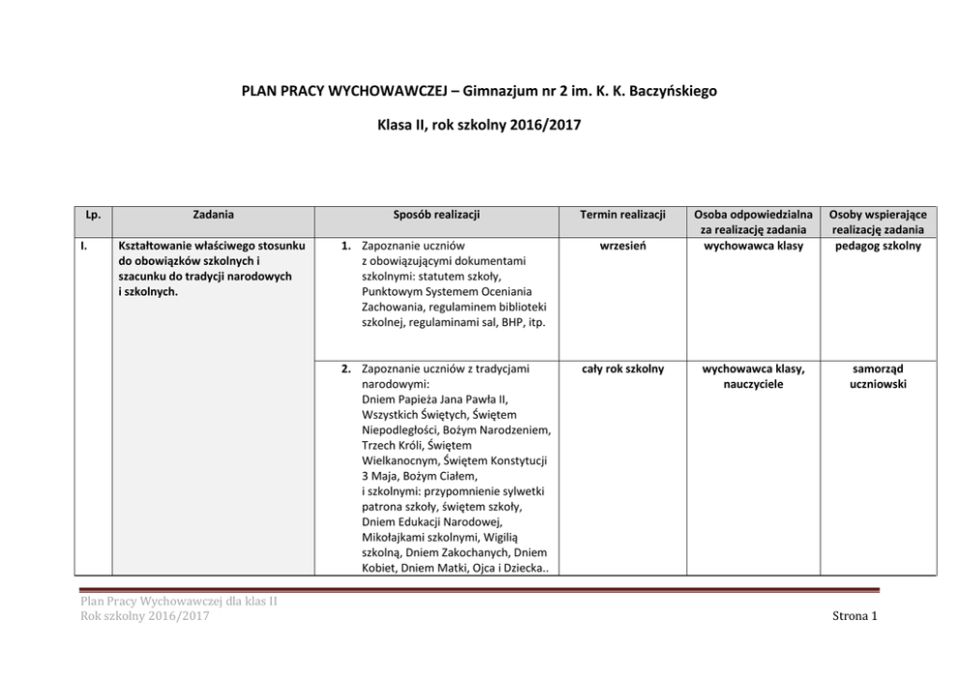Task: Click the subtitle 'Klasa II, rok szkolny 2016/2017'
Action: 479,127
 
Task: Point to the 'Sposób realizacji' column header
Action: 437,215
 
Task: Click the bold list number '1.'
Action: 347,246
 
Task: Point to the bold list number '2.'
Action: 346,369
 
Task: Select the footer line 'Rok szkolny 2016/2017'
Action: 145,616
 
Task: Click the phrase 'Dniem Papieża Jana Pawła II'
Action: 434,399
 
